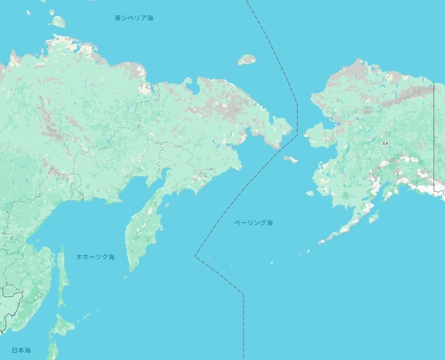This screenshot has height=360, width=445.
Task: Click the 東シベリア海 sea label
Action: pyautogui.click(x=134, y=18)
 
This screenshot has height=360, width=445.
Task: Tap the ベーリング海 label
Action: pyautogui.click(x=254, y=223)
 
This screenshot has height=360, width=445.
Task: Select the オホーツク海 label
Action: pyautogui.click(x=95, y=257)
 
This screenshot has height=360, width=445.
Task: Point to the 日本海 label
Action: pyautogui.click(x=21, y=350)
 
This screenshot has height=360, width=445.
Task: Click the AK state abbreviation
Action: pyautogui.click(x=385, y=143)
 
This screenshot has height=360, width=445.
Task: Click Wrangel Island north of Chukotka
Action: pyautogui.click(x=247, y=60)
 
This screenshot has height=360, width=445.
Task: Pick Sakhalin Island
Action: pyautogui.click(x=63, y=278)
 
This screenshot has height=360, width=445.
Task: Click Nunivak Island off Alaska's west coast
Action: pyautogui.click(x=311, y=193)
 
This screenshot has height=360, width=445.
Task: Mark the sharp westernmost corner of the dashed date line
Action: pyautogui.click(x=195, y=256)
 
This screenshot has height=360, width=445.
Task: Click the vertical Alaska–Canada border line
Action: pyautogui.click(x=434, y=134)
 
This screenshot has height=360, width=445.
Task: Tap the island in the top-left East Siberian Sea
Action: pyautogui.click(x=58, y=22)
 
